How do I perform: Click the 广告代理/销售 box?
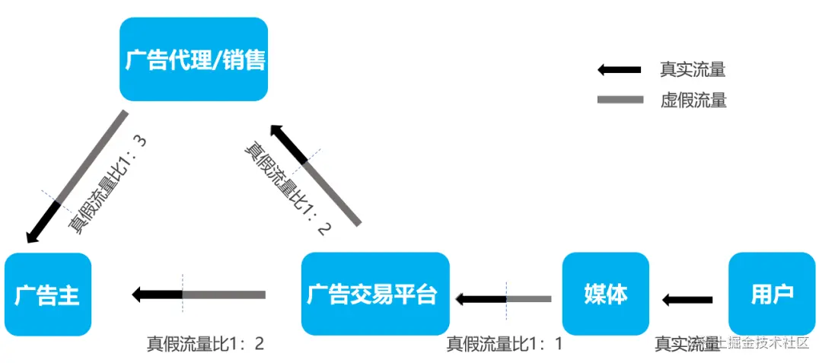194,59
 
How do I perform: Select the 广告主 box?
47,295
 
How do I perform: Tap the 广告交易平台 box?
375,295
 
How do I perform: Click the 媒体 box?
606,295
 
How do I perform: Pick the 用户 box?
772,295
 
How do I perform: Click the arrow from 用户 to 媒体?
687,300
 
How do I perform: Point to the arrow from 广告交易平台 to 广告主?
199,295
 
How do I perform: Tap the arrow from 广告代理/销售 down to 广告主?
77,177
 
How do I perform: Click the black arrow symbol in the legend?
620,70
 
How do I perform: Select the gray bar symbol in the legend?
620,100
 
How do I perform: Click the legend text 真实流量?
693,70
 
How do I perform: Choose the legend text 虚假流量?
693,100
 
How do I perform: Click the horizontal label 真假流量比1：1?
504,344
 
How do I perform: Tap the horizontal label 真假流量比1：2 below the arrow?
205,344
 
